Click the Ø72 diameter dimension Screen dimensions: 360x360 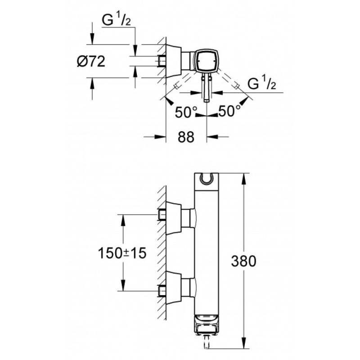[x=91, y=62]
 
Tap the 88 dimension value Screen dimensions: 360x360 [x=186, y=137]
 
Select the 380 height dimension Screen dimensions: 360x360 [x=243, y=261]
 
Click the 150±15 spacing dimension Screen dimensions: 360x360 [x=122, y=253]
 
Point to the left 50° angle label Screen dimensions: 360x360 [x=186, y=112]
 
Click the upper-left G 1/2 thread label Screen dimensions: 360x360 [x=117, y=20]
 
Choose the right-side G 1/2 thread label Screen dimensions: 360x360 [x=262, y=84]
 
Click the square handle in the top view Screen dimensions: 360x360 [x=206, y=61]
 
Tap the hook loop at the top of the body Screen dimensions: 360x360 [x=207, y=179]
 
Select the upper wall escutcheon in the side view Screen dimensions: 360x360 [x=174, y=218]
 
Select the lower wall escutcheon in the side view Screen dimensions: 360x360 [x=174, y=288]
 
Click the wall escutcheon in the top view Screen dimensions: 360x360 [x=174, y=61]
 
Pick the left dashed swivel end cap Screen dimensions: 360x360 [x=176, y=86]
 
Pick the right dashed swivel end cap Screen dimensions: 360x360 [x=237, y=86]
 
